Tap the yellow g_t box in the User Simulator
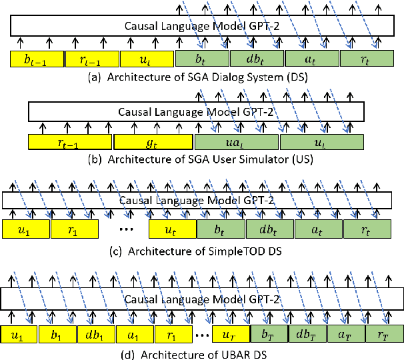tap(153, 143)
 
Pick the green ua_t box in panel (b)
tap(237, 143)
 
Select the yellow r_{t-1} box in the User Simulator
tap(69, 143)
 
